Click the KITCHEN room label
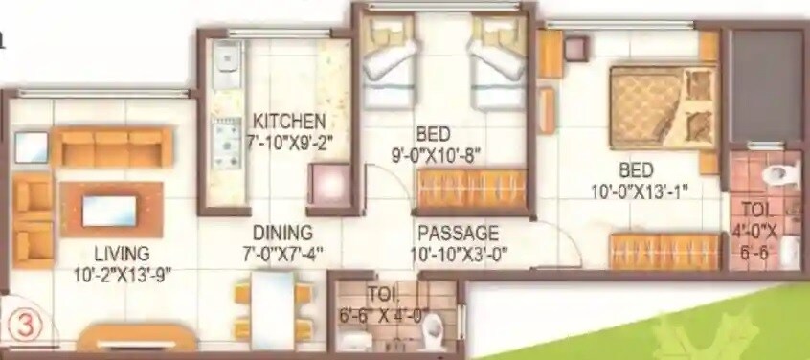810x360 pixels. (289, 122)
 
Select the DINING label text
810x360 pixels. (282, 233)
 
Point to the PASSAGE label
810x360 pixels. (458, 233)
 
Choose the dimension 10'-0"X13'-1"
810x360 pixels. (640, 191)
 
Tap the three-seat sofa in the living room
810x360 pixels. (112, 148)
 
